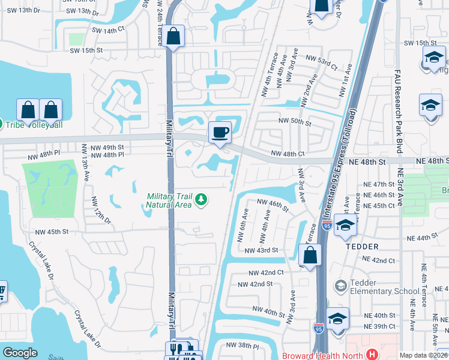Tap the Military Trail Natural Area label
[x=169, y=200]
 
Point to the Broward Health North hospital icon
[x=372, y=354]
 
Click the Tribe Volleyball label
[x=34, y=125]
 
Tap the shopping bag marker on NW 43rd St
[x=309, y=255]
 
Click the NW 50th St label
[x=294, y=122]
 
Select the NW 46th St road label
[x=273, y=206]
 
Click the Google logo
[x=20, y=353]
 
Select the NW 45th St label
[x=52, y=232]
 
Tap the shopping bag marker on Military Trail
[x=174, y=37]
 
